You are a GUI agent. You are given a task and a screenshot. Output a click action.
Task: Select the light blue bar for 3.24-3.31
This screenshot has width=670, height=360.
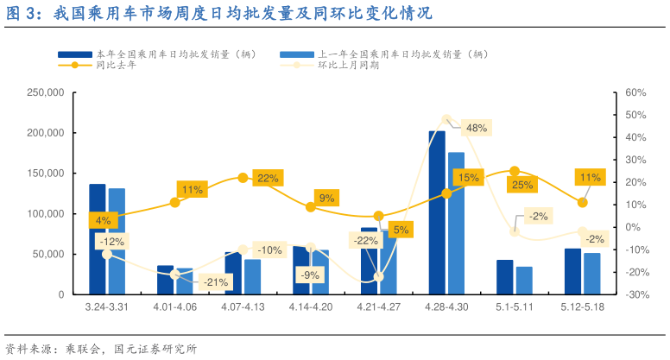coord(117,241)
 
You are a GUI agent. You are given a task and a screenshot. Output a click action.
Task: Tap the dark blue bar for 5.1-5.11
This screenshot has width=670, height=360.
coord(504,276)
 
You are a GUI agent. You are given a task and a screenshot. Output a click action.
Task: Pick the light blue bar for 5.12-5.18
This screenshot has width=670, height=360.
coord(591,273)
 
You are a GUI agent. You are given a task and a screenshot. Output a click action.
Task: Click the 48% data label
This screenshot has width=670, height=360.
coord(477,128)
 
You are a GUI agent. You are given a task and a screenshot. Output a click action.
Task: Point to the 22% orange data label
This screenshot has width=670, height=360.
coord(268,178)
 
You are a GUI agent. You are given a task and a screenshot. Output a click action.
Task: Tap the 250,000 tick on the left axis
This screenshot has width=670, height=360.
coord(46,92)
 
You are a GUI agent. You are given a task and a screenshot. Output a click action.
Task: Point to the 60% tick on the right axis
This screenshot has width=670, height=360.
coord(635,92)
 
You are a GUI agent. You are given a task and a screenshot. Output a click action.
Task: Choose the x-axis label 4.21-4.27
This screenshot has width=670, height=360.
coord(379,306)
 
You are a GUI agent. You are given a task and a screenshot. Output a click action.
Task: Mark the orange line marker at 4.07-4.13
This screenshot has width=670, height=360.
coord(243,178)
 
